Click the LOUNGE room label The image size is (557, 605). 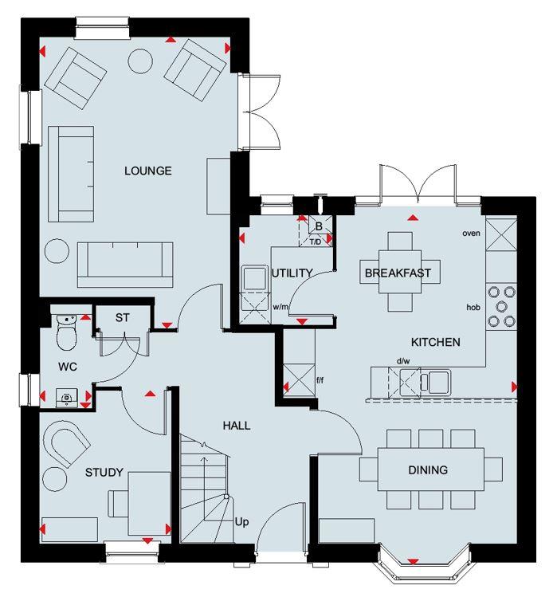147,171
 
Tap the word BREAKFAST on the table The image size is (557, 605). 398,273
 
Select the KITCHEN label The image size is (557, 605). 435,342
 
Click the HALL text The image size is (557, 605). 237,426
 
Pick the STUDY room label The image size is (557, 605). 104,473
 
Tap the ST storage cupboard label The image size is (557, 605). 122,318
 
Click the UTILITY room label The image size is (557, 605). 292,273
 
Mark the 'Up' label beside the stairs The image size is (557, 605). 242,523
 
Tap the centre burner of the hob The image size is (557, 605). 503,305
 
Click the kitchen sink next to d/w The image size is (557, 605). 437,381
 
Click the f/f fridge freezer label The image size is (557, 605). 320,381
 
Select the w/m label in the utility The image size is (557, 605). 280,306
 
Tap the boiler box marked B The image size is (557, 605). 318,226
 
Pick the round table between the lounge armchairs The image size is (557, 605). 141,61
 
